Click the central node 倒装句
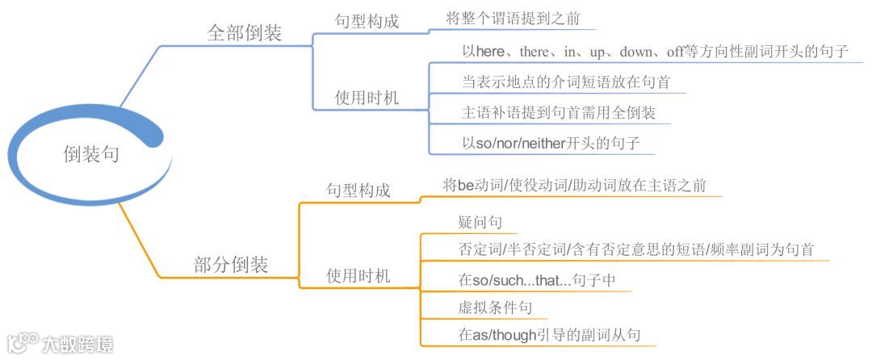(91, 153)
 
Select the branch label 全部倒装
(244, 34)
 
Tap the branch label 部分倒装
(231, 264)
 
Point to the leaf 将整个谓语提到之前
(513, 19)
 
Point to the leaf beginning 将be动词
(575, 186)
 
